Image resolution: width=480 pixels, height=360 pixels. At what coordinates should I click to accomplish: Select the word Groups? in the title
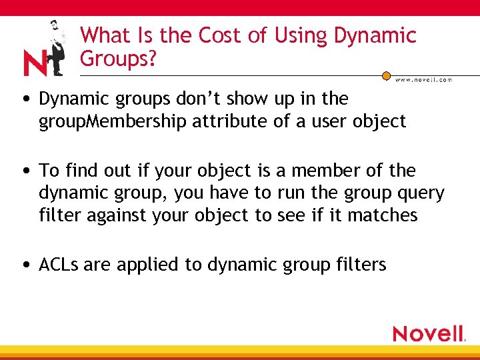(118, 59)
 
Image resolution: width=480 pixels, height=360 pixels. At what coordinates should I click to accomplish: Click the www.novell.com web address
(424, 79)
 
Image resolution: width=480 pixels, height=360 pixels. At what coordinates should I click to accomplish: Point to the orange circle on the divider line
(387, 75)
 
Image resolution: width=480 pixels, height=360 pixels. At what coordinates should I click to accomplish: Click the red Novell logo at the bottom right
(429, 333)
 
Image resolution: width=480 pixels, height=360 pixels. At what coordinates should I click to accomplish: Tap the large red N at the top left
(35, 63)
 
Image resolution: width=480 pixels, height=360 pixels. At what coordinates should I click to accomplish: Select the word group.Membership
(106, 122)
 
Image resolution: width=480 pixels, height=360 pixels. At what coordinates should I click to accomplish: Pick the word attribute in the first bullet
(215, 121)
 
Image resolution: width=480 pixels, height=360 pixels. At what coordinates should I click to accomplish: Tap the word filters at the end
(361, 265)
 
